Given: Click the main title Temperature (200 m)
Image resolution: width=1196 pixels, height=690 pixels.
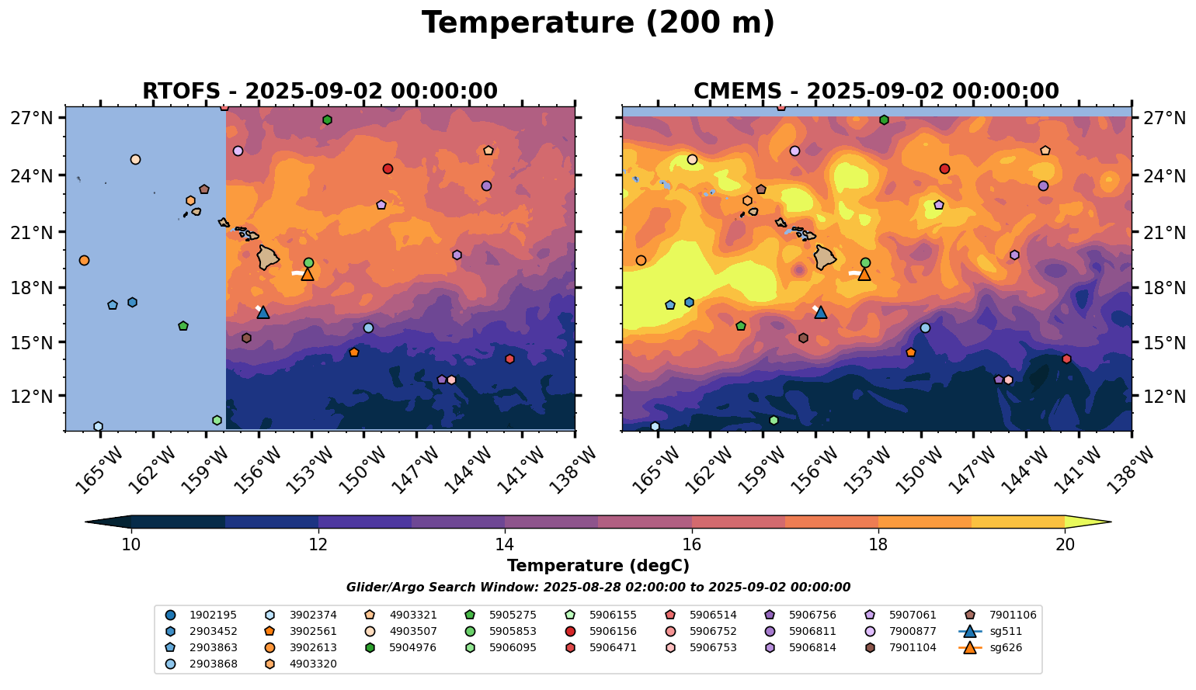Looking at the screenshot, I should (x=598, y=23).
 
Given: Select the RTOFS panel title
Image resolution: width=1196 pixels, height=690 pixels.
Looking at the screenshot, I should (x=319, y=92).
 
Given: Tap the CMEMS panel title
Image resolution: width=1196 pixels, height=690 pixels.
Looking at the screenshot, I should (x=876, y=92).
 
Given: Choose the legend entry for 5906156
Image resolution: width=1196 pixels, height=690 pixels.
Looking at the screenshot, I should (x=613, y=631).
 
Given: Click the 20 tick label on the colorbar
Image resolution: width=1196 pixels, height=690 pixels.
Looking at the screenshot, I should (x=1065, y=545).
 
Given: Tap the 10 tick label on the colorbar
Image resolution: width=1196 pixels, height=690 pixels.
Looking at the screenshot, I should (x=131, y=545).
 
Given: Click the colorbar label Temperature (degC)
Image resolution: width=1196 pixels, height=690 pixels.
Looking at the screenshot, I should (x=598, y=566).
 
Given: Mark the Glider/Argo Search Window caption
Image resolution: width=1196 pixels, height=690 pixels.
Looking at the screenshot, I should (x=598, y=588).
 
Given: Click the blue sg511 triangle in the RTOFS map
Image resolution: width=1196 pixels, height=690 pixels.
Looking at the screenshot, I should (x=263, y=312).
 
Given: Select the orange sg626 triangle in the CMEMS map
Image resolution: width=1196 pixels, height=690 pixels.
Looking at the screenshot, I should (x=864, y=274).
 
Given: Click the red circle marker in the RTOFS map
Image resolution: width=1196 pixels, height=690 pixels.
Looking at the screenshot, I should (x=388, y=168).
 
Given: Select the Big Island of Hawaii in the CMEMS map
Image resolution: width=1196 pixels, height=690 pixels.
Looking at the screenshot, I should (x=825, y=257).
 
